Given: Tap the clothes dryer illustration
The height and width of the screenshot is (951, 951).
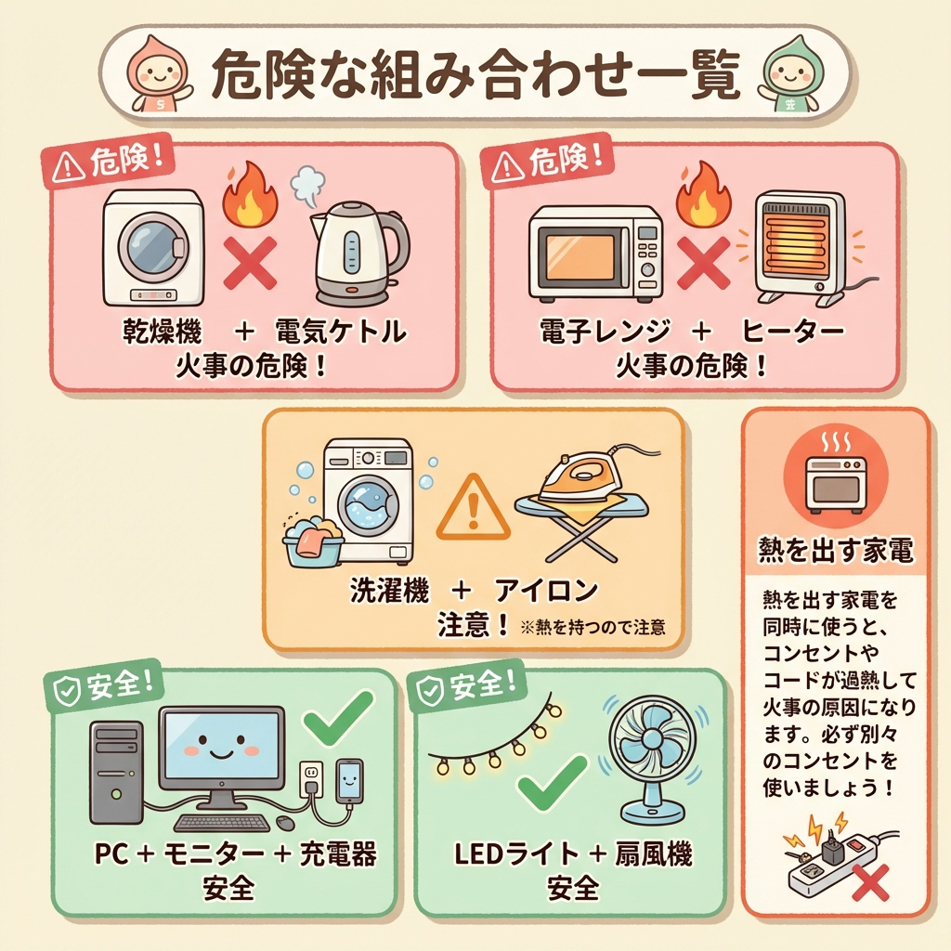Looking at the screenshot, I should [153, 247].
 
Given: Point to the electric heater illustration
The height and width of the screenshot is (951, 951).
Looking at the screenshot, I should [795, 243].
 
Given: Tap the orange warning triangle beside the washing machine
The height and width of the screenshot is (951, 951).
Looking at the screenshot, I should [473, 508].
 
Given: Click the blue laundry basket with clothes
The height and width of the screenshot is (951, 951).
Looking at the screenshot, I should [312, 542].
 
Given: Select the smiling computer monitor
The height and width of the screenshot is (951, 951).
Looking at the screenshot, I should [222, 749].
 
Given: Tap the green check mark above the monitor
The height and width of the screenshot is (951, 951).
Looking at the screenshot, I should [340, 719].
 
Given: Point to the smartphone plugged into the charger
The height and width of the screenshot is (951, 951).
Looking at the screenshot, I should [349, 781].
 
